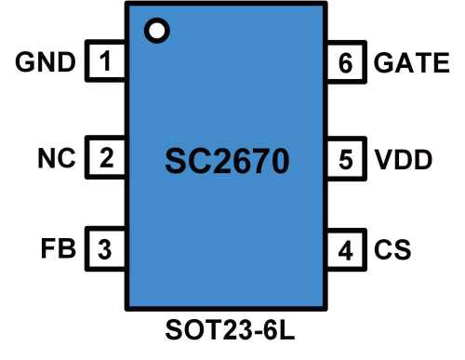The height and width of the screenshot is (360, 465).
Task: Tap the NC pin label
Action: click(55, 158)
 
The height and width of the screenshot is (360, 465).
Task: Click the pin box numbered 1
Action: click(105, 63)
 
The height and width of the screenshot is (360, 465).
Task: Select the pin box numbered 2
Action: click(105, 158)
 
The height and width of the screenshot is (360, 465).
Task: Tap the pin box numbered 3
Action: click(105, 250)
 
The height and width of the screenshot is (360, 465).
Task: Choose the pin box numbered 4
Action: click(346, 250)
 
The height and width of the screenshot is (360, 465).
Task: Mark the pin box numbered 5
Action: click(346, 158)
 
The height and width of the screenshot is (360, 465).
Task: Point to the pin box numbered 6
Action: click(346, 63)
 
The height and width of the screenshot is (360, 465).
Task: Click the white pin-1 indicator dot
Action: click(157, 31)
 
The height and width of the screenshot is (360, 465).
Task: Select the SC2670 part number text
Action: click(227, 160)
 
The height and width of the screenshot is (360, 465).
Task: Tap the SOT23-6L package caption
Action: click(228, 333)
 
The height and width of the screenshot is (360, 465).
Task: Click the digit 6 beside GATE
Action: click(346, 63)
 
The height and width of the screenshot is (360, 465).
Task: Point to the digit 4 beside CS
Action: click(346, 250)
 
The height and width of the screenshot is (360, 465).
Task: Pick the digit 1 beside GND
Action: click(105, 63)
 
